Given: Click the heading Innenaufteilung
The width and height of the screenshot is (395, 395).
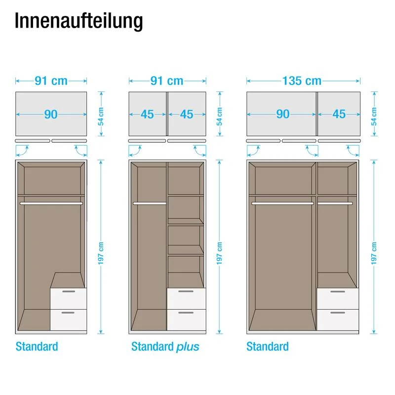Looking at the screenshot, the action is [x=79, y=21].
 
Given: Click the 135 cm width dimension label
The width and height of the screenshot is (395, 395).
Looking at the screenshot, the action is [x=302, y=81].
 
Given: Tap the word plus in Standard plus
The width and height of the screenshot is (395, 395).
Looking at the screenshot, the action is [x=188, y=347].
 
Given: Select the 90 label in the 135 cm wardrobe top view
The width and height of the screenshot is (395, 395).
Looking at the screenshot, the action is [x=282, y=114].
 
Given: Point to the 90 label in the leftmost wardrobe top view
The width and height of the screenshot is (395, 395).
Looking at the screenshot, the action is [x=51, y=115].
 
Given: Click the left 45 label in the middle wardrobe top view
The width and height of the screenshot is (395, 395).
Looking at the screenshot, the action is [x=147, y=115].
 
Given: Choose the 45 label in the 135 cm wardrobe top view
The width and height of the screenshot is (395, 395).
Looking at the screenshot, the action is [x=339, y=114].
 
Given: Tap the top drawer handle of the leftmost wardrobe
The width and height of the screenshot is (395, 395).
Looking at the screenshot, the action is [x=69, y=291].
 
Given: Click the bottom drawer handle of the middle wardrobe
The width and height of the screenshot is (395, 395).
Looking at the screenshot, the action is [x=186, y=313].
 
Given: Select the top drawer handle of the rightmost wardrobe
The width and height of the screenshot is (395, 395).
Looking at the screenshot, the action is [x=338, y=291].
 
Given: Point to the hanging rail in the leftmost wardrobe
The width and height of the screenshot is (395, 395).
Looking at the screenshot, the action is [x=51, y=203].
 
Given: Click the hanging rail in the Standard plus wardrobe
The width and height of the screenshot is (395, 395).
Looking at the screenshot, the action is [x=150, y=203].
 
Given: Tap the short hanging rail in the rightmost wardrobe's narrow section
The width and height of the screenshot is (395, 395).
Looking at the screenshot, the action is [x=335, y=203].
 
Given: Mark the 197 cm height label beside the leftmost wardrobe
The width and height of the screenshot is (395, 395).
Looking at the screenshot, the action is [x=101, y=253].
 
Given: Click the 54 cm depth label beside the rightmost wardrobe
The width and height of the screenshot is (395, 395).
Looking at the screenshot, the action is [x=374, y=117].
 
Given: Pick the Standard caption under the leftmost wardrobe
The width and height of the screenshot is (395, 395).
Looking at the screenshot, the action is [x=37, y=347].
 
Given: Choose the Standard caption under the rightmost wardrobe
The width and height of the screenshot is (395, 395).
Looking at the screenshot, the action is [x=268, y=347].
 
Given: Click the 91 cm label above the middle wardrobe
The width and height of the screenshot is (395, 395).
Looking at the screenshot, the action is [x=167, y=81].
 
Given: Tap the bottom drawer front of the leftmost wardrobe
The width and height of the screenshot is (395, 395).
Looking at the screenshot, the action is [x=69, y=319].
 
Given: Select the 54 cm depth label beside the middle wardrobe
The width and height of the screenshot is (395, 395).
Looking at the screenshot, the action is [x=219, y=117].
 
